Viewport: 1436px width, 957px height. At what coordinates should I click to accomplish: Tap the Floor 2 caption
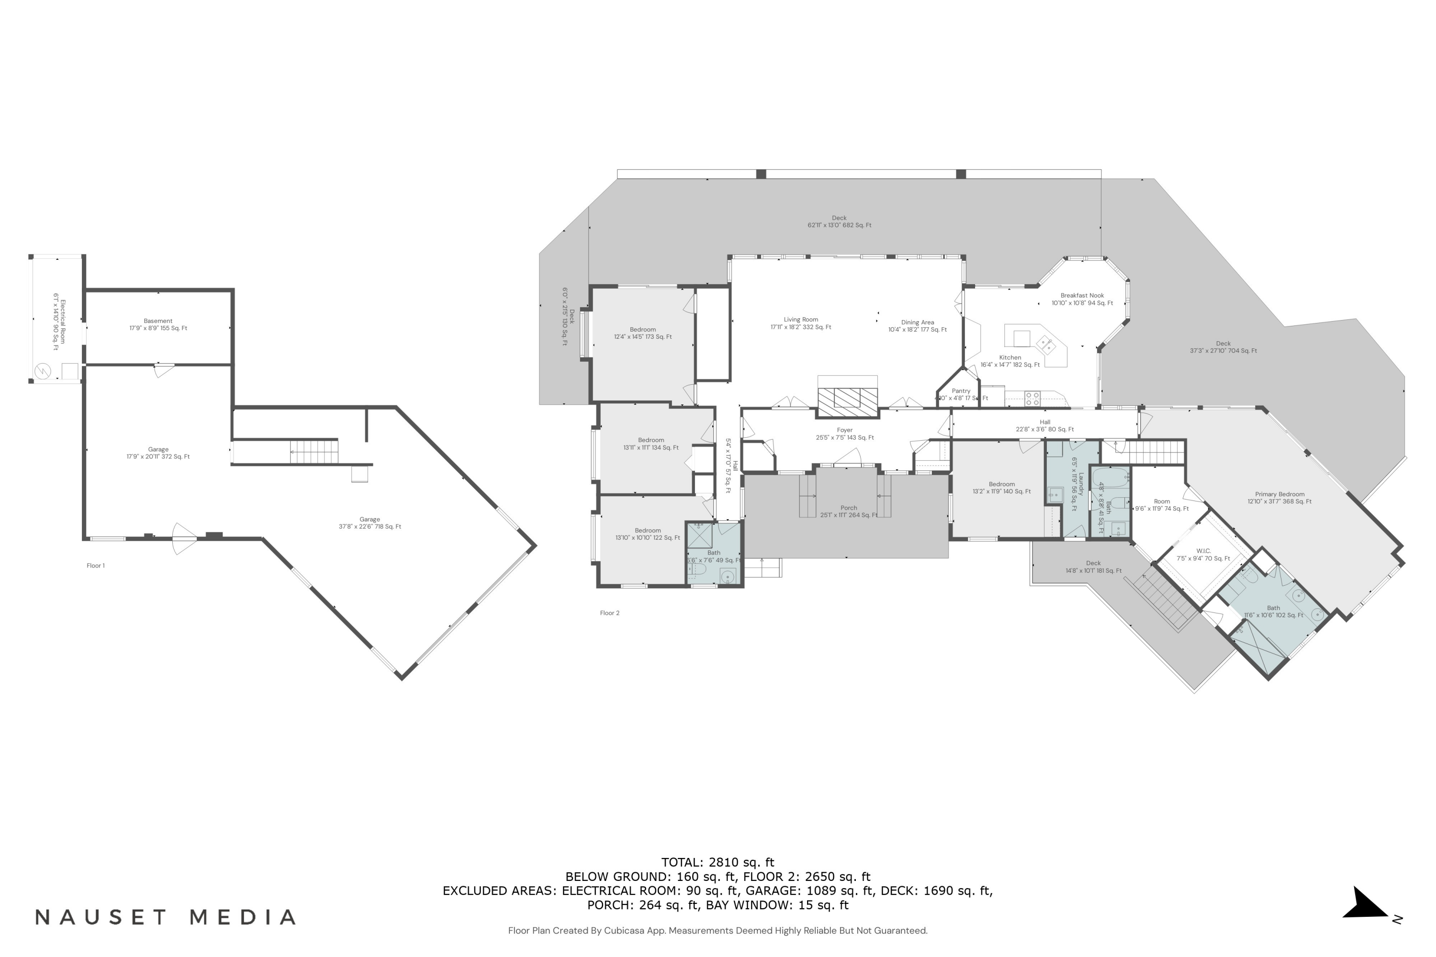[609, 613]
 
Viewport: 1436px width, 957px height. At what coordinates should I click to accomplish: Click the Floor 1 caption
[95, 566]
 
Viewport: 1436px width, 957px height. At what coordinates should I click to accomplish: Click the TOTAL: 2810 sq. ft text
[718, 862]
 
